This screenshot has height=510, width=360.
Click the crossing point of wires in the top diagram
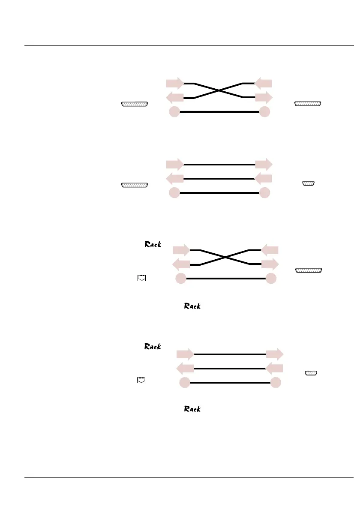coord(219,90)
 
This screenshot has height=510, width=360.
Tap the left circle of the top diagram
coord(174,112)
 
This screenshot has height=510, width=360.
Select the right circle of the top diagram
coord(265,112)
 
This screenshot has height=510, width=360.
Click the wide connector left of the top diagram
coord(135,104)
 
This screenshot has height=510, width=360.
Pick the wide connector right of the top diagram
coord(308,104)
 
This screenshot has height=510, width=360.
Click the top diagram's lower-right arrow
coord(264,97)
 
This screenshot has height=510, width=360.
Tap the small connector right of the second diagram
coord(309,183)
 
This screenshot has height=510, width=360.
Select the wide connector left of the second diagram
coord(135,185)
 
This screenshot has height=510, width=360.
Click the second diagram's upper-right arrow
coord(264,164)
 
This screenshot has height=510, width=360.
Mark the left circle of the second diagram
coord(174,193)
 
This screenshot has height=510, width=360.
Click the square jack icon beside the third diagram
coord(141,278)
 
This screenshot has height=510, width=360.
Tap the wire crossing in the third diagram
coord(225,257)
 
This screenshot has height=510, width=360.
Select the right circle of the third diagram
coord(271,279)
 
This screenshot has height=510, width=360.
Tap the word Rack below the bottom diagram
coord(193,409)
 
